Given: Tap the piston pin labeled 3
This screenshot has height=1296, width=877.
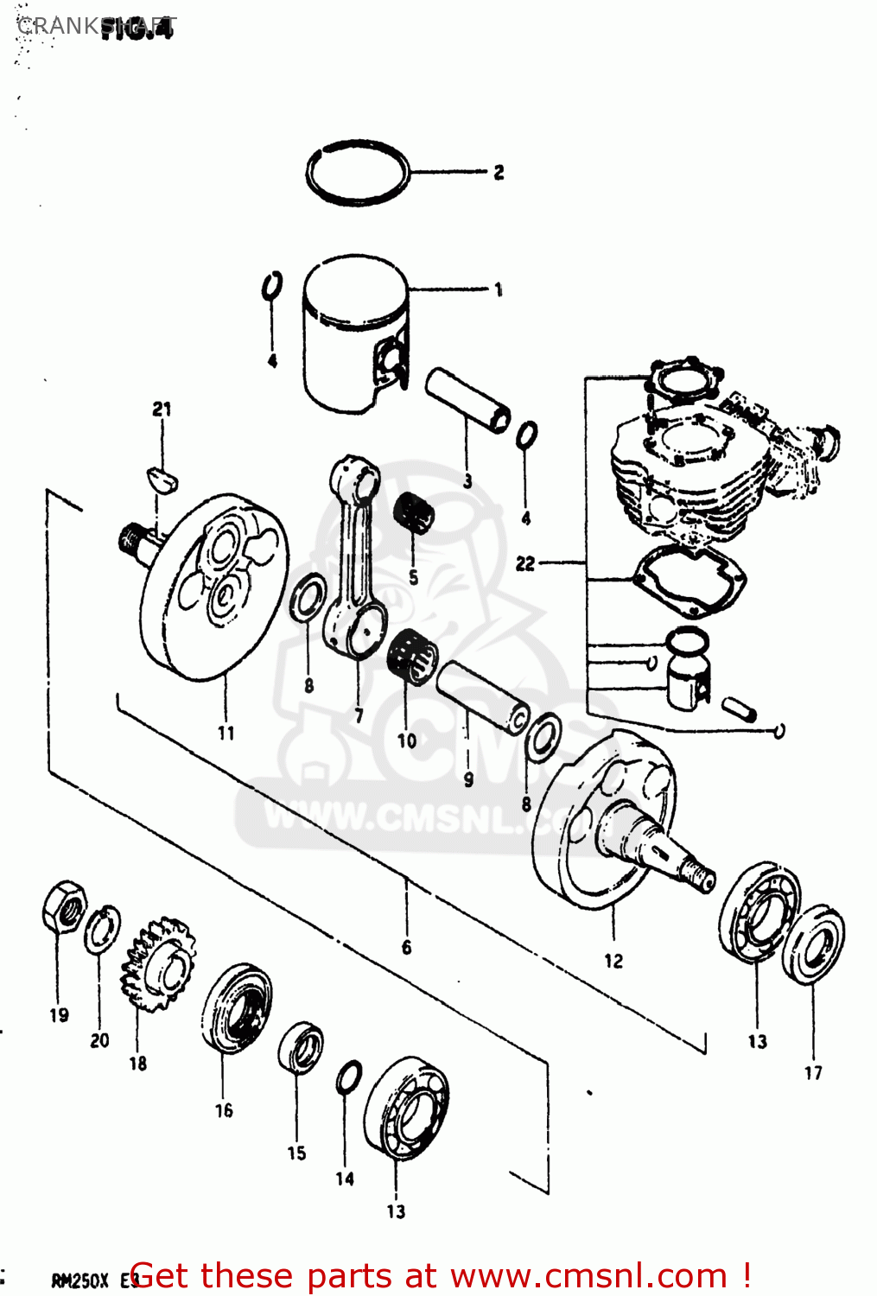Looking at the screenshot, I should (x=467, y=401).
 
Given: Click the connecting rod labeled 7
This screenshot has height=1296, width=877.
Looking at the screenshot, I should (x=355, y=553).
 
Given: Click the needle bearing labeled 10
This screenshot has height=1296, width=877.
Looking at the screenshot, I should (x=411, y=658).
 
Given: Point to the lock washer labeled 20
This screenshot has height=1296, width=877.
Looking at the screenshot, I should (x=102, y=930).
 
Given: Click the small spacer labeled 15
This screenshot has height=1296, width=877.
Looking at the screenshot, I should (x=301, y=1047).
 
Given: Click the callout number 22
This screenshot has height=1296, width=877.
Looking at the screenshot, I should (x=525, y=563).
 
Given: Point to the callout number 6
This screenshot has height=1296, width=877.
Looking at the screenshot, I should (x=406, y=948).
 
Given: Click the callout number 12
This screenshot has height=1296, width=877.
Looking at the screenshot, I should (x=613, y=961).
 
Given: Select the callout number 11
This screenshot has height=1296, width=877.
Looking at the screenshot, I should (x=226, y=733).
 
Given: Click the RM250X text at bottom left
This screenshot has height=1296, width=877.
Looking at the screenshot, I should (x=79, y=1280).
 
